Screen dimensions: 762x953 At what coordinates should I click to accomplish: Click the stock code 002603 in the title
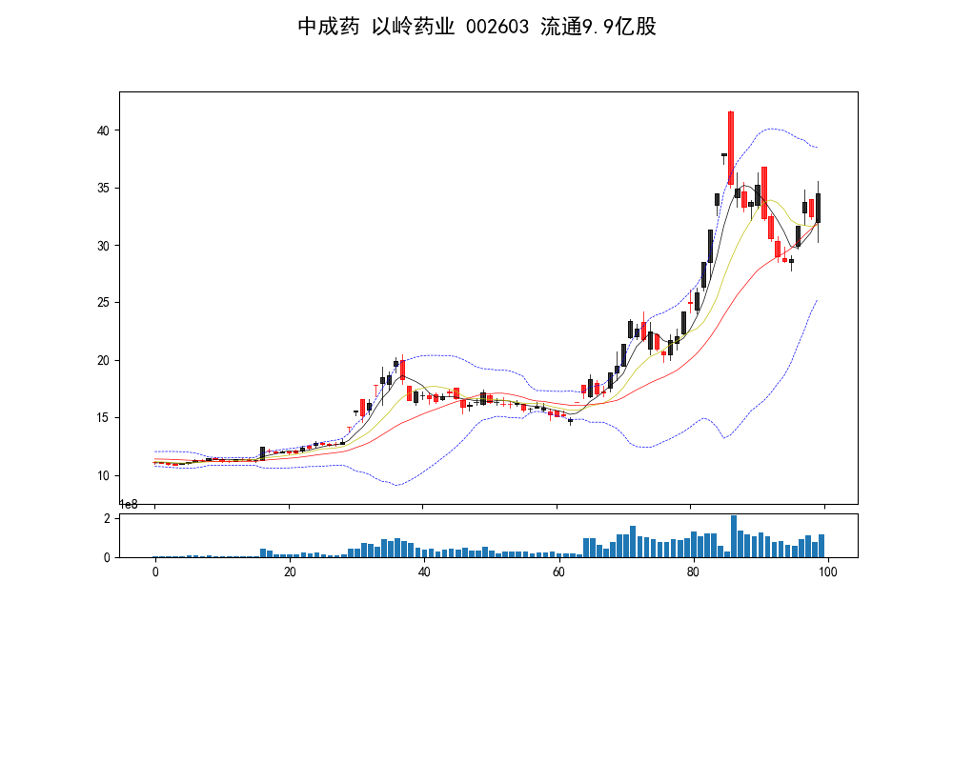497,27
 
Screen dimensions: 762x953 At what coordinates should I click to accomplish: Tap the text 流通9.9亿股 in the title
598,27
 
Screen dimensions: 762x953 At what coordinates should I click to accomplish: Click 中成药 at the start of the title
328,27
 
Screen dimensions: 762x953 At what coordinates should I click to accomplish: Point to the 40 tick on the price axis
105,130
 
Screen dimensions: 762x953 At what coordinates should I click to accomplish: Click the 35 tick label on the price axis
105,188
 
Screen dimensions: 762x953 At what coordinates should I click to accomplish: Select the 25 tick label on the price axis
105,303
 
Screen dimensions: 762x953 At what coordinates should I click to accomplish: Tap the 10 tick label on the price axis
105,475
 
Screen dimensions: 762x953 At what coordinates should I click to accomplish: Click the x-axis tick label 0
154,571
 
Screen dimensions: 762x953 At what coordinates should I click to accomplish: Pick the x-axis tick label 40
423,571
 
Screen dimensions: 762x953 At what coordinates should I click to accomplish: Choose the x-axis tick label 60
558,571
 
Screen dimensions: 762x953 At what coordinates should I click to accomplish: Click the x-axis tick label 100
826,571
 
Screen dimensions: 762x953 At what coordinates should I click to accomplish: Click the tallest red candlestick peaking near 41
731,148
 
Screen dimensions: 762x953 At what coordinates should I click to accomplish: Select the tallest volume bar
734,536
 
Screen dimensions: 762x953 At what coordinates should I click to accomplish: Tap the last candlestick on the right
818,208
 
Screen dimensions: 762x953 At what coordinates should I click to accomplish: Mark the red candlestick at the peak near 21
403,370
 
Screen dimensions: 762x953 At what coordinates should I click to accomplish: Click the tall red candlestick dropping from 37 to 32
764,192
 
